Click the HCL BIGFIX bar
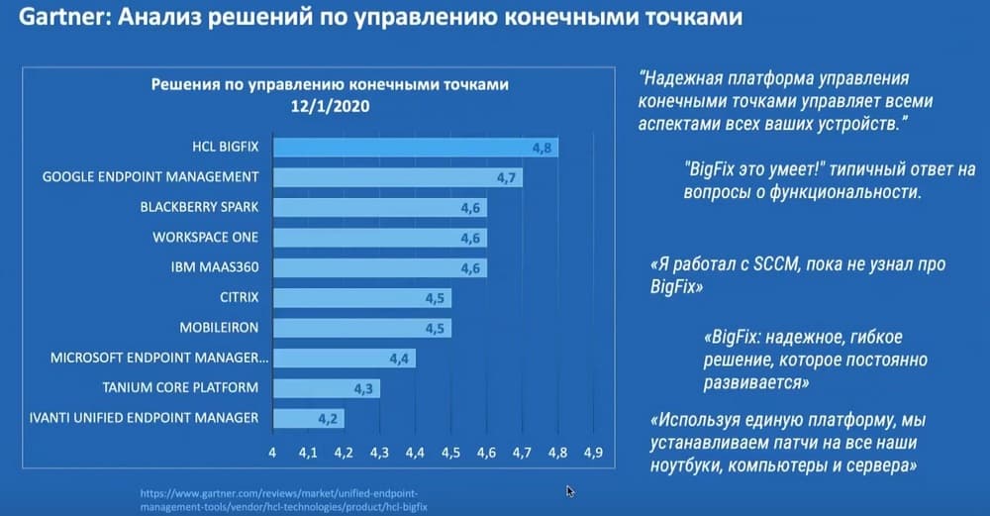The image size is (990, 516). (x=416, y=148)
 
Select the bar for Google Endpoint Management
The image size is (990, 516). (x=396, y=177)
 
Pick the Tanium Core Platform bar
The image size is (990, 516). (x=325, y=387)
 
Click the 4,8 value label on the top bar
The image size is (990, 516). (x=542, y=149)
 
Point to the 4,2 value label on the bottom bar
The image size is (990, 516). (x=328, y=418)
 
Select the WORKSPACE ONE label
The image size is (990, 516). (x=205, y=238)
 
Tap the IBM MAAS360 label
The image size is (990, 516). (x=213, y=267)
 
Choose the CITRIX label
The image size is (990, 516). (x=239, y=297)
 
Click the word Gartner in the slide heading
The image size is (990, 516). (x=49, y=18)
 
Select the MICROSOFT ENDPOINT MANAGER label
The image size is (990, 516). (x=160, y=358)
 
